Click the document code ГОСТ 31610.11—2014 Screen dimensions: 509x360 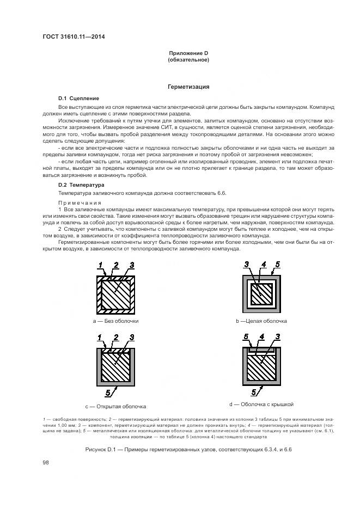pos(73,37)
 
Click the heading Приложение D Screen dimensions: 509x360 pos(188,53)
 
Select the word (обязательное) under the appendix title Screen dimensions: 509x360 pos(188,59)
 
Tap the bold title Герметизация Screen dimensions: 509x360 pos(188,87)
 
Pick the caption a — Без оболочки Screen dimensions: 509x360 pos(115,321)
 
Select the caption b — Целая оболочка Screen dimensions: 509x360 pos(261,321)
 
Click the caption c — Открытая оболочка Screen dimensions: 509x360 pos(115,406)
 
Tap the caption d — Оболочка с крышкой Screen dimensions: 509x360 pos(261,404)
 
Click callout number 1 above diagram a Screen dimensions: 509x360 pos(101,265)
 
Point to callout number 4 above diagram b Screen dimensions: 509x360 pos(263,265)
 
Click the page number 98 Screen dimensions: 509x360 pos(46,462)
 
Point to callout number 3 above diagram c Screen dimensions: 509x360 pos(132,338)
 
